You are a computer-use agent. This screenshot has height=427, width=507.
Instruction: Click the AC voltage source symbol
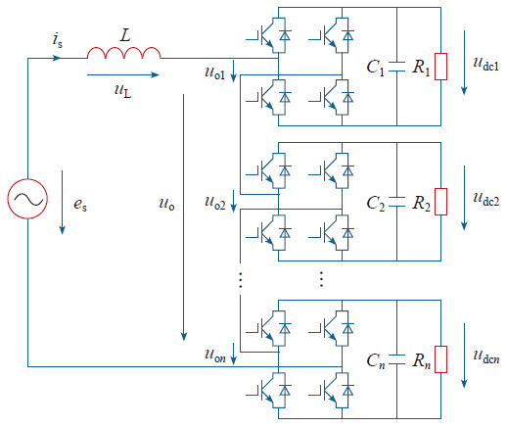pos(27,199)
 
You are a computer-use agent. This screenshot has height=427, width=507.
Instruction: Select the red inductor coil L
pos(124,53)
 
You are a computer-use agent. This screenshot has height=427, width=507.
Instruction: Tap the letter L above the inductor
pos(125,35)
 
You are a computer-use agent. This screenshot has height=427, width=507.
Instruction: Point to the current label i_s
pos(57,40)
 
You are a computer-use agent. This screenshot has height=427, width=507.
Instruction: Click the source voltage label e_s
pos(80,205)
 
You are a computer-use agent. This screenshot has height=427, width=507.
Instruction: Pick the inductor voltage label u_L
pos(123,90)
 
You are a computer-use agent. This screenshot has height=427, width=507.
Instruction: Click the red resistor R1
pos(440,67)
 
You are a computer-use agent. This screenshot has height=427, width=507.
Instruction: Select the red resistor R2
pos(440,202)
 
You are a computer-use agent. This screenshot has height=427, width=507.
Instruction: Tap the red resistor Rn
pos(440,359)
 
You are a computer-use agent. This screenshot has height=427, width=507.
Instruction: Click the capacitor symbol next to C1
pos(396,67)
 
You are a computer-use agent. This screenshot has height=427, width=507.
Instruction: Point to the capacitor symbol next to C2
pos(396,202)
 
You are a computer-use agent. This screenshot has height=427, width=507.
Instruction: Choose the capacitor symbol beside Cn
pos(396,359)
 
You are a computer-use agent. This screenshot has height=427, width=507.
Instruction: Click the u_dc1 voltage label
pos(485,64)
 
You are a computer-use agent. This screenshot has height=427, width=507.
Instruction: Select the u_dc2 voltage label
pos(485,199)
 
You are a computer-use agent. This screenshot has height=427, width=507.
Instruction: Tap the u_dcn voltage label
pos(486,356)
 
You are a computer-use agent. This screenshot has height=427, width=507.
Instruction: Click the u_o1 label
pos(214,72)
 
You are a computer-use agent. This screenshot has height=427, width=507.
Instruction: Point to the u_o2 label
pos(214,203)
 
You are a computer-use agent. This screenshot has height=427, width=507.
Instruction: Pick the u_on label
pos(214,356)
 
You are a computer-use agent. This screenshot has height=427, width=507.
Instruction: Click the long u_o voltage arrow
pos(184,217)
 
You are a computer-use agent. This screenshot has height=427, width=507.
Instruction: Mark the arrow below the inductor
pos(123,74)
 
